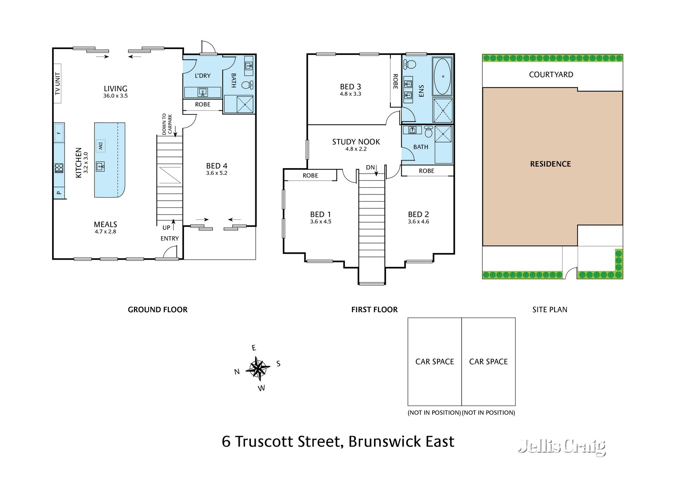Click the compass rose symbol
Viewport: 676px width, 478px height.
tap(258, 369)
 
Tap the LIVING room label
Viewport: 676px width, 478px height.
tap(116, 89)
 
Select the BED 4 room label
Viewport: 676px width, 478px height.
tap(217, 166)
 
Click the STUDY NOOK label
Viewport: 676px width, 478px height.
tap(356, 142)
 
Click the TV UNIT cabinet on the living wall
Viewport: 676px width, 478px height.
tap(57, 83)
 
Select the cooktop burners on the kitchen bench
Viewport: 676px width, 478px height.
tap(59, 168)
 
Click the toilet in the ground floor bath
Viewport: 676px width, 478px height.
tap(247, 84)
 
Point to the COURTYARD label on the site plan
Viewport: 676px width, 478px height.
tap(551, 74)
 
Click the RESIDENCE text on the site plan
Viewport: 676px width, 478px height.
tap(550, 164)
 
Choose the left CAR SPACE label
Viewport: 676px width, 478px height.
tap(435, 362)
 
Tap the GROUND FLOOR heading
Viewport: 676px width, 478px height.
tap(157, 310)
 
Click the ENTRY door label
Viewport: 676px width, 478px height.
tap(170, 238)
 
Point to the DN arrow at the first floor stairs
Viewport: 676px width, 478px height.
tap(376, 170)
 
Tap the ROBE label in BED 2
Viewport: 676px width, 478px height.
tap(427, 171)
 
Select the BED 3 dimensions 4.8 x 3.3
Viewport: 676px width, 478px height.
tap(350, 94)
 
